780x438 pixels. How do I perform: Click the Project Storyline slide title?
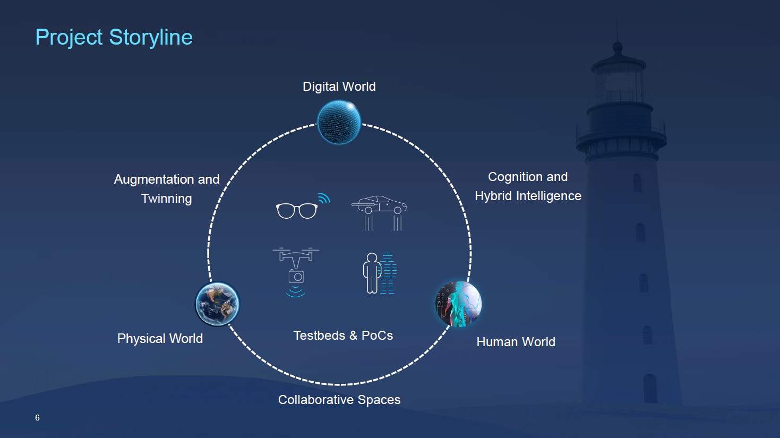pos(114,37)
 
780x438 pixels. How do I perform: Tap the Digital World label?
pos(339,87)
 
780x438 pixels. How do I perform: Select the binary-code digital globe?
pos(339,122)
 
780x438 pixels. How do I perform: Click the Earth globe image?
pos(218,304)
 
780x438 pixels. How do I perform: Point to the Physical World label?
pos(160,338)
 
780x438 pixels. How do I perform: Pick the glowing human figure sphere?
pos(459,304)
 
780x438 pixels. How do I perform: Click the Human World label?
pos(516,342)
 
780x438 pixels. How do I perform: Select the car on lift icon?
pos(379,213)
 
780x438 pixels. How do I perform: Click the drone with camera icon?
pos(296,272)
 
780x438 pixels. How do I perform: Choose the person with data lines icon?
pos(380,273)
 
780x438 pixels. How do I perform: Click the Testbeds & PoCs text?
pos(344,336)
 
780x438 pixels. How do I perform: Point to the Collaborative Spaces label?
pos(339,400)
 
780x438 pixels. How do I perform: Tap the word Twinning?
pos(166,199)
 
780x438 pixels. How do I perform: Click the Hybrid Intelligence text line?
pos(528,196)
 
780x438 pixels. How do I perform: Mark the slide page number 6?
pos(37,418)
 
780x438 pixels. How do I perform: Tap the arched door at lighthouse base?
pos(650,388)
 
